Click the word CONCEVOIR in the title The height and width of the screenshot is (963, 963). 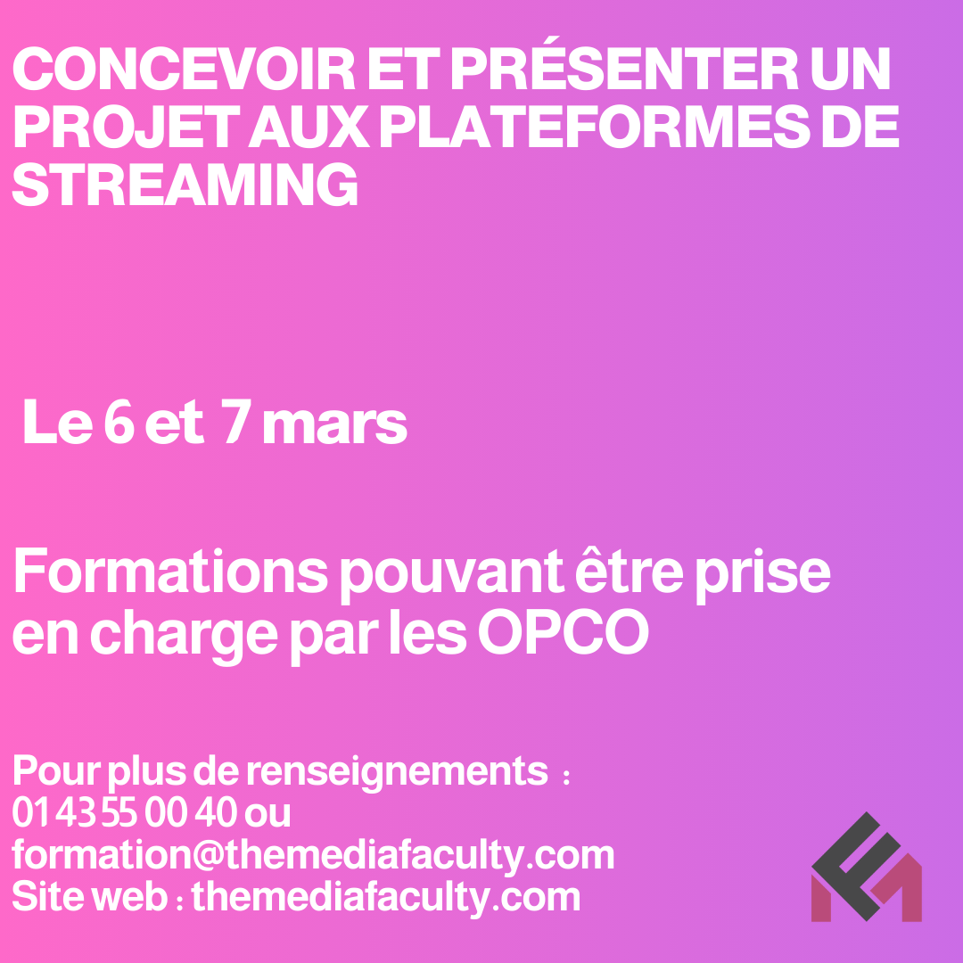[184, 69]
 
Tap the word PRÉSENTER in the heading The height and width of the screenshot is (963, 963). [624, 63]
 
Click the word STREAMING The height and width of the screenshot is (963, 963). [185, 185]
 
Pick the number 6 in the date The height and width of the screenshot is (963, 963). [119, 422]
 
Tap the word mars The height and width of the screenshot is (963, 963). [334, 424]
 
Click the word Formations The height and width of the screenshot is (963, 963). [170, 572]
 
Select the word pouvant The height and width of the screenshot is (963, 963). [451, 576]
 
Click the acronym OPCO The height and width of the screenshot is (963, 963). [564, 631]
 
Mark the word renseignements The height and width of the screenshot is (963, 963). [398, 772]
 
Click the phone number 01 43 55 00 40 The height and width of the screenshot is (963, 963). [125, 812]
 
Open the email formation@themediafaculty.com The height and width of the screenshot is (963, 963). [313, 855]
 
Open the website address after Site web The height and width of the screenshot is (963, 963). [386, 898]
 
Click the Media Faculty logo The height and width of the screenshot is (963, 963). [867, 867]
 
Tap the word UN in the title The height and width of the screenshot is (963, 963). [851, 69]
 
